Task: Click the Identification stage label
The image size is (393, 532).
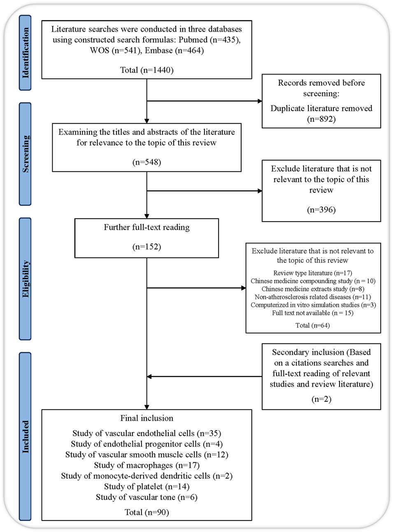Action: click(x=25, y=53)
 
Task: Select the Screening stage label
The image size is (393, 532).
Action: click(x=25, y=154)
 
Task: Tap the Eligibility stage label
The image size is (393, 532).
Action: click(x=25, y=279)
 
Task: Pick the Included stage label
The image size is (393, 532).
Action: click(x=25, y=437)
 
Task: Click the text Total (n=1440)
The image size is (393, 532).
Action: click(x=147, y=70)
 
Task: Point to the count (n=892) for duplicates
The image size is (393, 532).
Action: click(x=321, y=119)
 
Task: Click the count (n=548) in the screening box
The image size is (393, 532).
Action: click(x=147, y=162)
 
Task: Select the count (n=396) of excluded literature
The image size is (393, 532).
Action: click(x=321, y=210)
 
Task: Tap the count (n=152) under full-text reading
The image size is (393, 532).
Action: click(x=147, y=247)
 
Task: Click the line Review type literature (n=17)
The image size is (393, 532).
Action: click(x=313, y=273)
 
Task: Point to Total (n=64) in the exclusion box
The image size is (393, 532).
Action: click(x=313, y=325)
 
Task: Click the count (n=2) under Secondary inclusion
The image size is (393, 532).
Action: click(x=321, y=399)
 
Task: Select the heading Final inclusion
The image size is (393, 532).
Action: click(x=147, y=418)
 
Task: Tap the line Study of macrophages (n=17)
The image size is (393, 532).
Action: click(x=147, y=465)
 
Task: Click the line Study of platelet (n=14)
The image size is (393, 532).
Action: click(x=147, y=486)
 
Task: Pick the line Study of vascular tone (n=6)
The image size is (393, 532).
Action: click(x=147, y=497)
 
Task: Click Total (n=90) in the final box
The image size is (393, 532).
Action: click(x=147, y=512)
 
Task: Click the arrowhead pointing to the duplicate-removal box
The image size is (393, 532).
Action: click(x=260, y=101)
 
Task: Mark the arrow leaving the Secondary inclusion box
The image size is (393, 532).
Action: click(x=204, y=377)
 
